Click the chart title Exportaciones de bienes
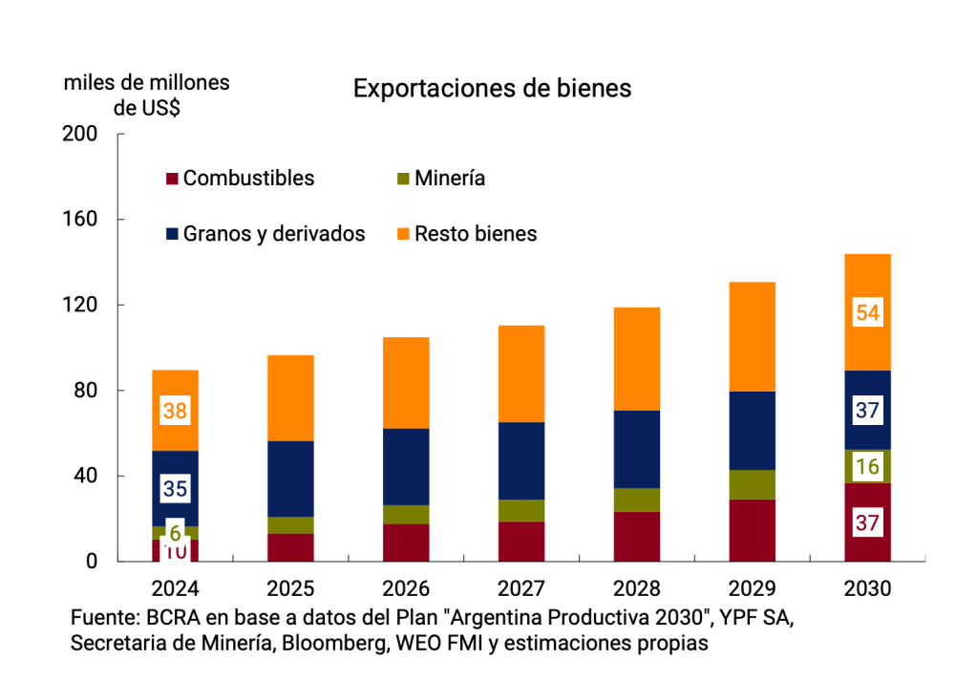[492, 89]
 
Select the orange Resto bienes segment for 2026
[407, 382]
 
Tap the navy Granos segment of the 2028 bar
[637, 449]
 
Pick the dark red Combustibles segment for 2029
[752, 530]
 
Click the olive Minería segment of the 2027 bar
[521, 510]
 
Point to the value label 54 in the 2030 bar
[867, 312]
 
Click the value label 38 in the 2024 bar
[175, 411]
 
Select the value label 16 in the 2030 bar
[867, 467]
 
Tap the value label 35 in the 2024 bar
[175, 489]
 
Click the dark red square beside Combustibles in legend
[172, 179]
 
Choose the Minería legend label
[450, 179]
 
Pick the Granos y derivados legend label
[274, 234]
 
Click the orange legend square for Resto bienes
[403, 234]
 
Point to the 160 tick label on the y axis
[80, 220]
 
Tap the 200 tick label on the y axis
[80, 134]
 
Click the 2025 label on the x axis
[291, 588]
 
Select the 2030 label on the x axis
[867, 588]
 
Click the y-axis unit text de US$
[147, 108]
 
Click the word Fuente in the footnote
[103, 617]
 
